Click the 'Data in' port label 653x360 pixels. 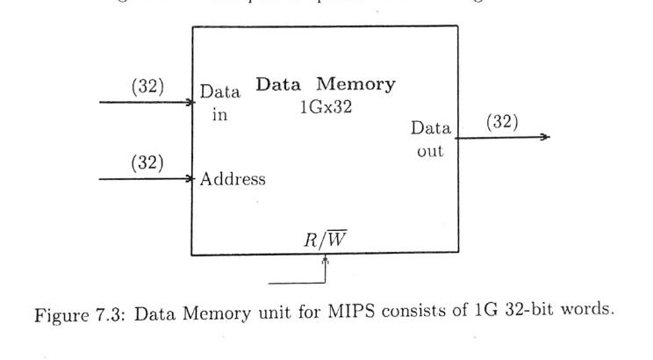(x=219, y=103)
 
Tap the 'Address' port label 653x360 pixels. (x=233, y=179)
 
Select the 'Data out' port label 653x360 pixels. (x=430, y=140)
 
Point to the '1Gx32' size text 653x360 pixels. (x=325, y=108)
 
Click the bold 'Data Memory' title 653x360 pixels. (x=325, y=85)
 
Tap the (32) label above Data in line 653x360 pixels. (x=147, y=86)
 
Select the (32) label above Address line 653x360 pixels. (x=147, y=162)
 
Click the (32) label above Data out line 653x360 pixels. (x=502, y=121)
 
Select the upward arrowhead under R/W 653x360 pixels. (x=326, y=260)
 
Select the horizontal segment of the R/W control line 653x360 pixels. (x=297, y=284)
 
